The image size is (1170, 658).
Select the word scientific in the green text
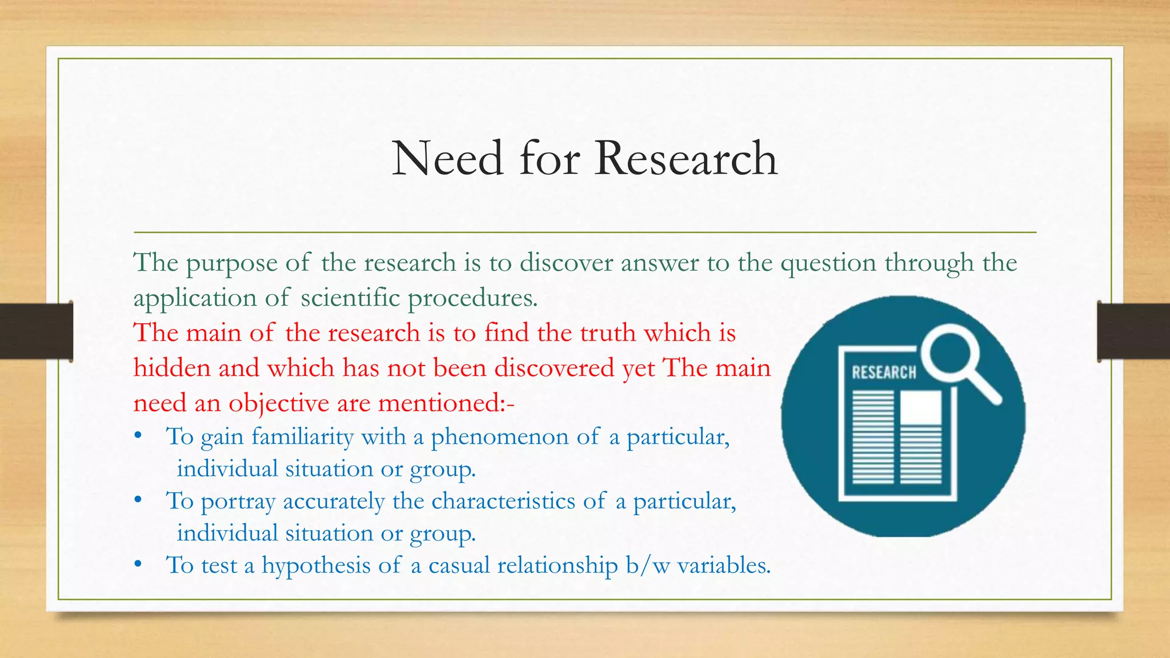tap(350, 298)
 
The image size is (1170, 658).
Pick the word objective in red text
tap(279, 404)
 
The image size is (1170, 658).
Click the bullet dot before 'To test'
tap(138, 565)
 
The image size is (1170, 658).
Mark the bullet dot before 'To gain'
tap(138, 436)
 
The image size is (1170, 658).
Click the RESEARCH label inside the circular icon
tap(883, 372)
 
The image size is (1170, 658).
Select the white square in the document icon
tap(920, 407)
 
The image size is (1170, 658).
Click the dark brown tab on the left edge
tap(36, 331)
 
